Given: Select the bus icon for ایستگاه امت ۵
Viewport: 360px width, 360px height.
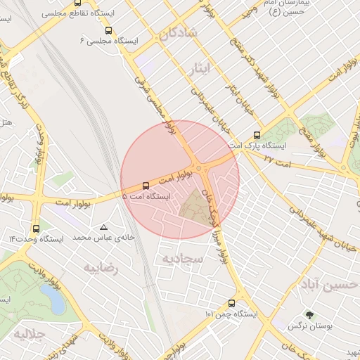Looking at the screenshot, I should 146,186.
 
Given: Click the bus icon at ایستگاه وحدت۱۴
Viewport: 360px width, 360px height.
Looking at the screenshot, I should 36,228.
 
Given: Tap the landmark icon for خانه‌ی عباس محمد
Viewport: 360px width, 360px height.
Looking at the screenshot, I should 104,227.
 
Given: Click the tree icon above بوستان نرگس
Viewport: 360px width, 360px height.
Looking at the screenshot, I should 308,315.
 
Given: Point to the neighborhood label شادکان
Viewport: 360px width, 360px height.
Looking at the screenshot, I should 179,33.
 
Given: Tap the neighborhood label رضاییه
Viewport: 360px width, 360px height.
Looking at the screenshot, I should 101,268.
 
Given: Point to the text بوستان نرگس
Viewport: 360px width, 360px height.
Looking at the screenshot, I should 309,327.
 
